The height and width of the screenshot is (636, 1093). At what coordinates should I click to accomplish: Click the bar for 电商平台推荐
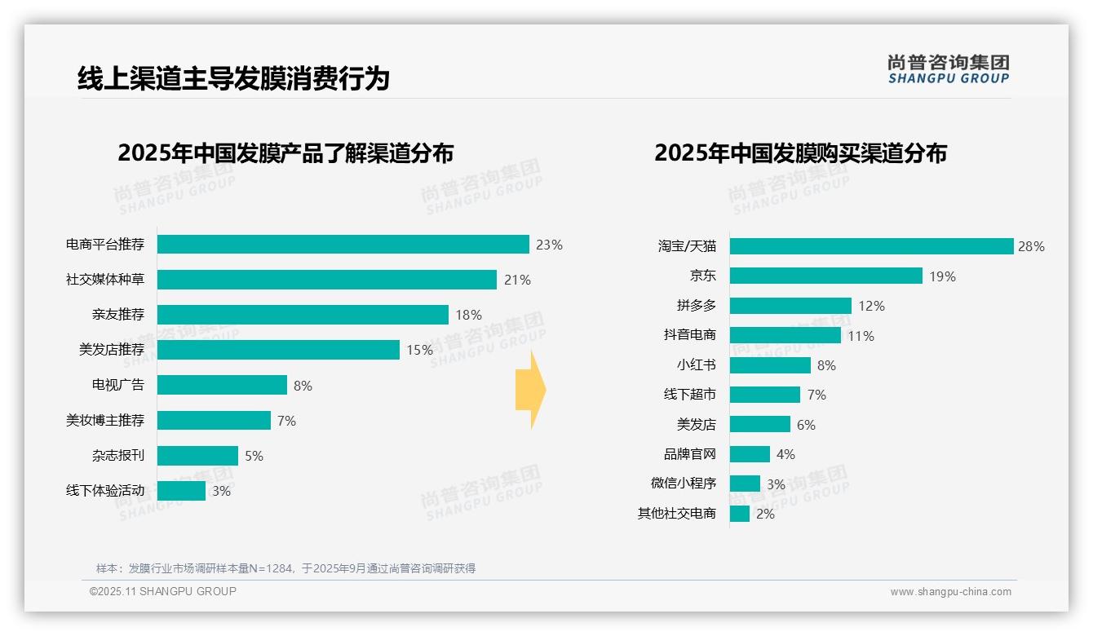(x=343, y=245)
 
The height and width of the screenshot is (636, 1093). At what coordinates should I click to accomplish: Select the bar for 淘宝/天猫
(x=870, y=246)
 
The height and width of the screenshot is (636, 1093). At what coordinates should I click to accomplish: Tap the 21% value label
(x=517, y=280)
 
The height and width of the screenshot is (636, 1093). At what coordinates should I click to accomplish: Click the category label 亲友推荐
(x=117, y=315)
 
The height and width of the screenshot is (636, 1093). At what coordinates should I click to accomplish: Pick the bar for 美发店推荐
(x=277, y=350)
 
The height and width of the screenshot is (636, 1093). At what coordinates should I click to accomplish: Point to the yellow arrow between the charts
(x=531, y=390)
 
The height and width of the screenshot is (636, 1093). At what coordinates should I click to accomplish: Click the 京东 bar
(x=825, y=276)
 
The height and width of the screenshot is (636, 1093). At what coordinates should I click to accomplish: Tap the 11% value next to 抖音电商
(x=861, y=336)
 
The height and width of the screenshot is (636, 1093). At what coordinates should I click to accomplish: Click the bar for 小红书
(x=770, y=365)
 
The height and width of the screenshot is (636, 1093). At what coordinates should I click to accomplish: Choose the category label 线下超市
(x=689, y=395)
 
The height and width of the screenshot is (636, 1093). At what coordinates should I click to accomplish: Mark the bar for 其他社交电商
(x=739, y=514)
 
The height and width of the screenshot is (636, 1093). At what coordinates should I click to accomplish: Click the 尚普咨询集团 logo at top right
(x=948, y=68)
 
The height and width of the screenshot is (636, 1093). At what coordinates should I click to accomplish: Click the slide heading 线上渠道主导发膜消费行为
(x=233, y=78)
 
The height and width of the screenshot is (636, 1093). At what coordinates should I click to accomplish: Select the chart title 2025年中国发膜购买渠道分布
(x=800, y=153)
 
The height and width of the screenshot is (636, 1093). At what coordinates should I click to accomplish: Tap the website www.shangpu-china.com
(x=950, y=592)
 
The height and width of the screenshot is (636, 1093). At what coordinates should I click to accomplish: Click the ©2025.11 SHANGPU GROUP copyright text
(x=163, y=591)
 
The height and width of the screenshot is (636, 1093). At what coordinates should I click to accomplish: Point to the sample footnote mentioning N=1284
(x=285, y=568)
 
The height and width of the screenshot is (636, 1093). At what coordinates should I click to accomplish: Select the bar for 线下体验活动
(x=181, y=491)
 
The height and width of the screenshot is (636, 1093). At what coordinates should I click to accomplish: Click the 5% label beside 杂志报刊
(x=254, y=456)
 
